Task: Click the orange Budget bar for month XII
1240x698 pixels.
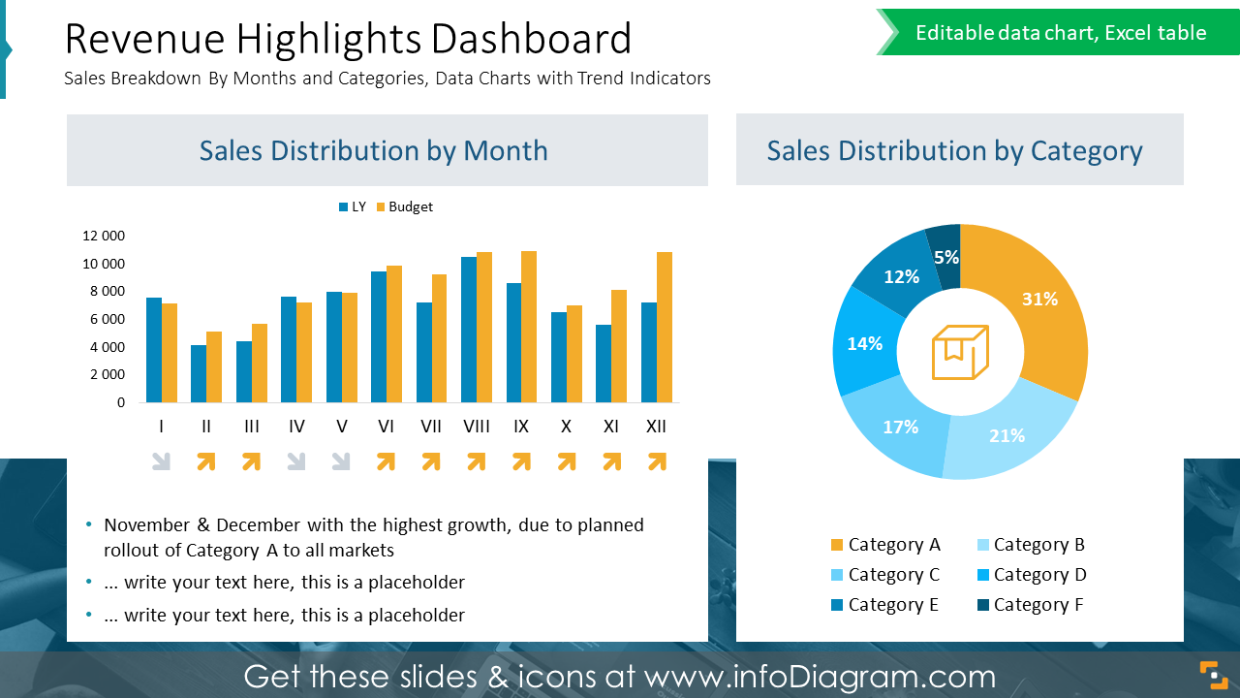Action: tap(665, 328)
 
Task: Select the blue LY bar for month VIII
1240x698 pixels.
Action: tap(469, 330)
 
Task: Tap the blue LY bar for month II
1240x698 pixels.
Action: tap(199, 373)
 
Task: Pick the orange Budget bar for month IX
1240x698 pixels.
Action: tap(529, 327)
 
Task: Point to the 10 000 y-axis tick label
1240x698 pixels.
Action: tap(103, 264)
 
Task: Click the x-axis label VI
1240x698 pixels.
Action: tap(386, 427)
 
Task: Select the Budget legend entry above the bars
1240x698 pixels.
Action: tap(404, 206)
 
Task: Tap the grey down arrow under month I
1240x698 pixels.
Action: tap(162, 462)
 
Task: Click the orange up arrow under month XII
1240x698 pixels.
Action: tap(657, 462)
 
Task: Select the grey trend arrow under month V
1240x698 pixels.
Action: tap(341, 462)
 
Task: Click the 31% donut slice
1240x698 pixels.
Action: tap(1037, 301)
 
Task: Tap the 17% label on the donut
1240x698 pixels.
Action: tap(900, 427)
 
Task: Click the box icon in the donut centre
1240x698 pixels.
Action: tap(959, 352)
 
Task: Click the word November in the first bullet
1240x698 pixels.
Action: tap(146, 525)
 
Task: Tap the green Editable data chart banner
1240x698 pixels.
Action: tap(1060, 33)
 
